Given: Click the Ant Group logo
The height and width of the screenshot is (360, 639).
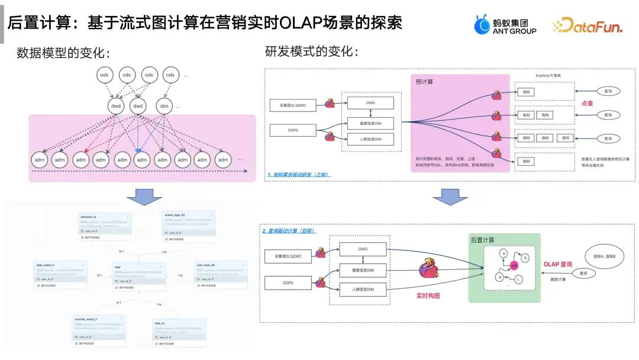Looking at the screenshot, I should coord(505,24).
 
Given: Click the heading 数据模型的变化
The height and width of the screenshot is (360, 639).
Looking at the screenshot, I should coord(63,52).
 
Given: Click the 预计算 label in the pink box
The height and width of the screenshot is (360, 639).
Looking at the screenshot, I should coord(424,82).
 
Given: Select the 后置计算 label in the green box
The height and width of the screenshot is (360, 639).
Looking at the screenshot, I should coord(483,240).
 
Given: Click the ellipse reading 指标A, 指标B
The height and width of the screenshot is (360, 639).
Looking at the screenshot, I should coord(600,256).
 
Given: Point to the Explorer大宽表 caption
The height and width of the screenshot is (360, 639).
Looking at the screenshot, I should coord(548,75).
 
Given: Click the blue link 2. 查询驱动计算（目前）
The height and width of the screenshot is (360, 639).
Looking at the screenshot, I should coord(289,230).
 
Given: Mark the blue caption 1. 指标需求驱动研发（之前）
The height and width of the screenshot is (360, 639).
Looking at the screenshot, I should coord(298,175).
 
